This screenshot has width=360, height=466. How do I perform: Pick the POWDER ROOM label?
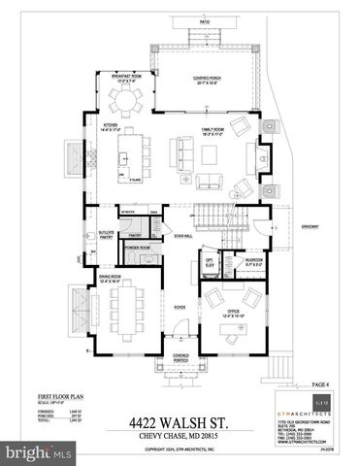point(138,249)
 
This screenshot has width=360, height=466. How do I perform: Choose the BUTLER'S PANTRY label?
point(108,235)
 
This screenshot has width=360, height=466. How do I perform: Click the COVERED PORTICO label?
point(180,357)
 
